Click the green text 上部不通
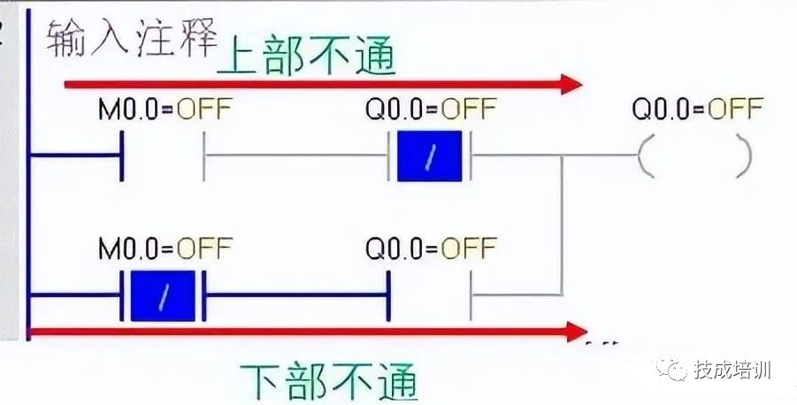[306, 55]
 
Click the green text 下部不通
[329, 381]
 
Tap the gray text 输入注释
[132, 38]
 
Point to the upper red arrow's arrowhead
[571, 84]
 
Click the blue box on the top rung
[430, 156]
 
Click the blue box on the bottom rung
[163, 295]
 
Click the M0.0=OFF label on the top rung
[165, 110]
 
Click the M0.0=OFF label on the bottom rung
[165, 248]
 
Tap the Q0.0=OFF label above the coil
[697, 109]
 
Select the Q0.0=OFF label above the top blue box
[431, 110]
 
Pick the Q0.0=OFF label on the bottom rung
[431, 248]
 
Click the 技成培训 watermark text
[732, 370]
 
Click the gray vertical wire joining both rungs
[562, 225]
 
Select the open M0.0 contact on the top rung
[163, 155]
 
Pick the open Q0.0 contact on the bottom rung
[430, 295]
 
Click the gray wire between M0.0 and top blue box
[295, 155]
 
